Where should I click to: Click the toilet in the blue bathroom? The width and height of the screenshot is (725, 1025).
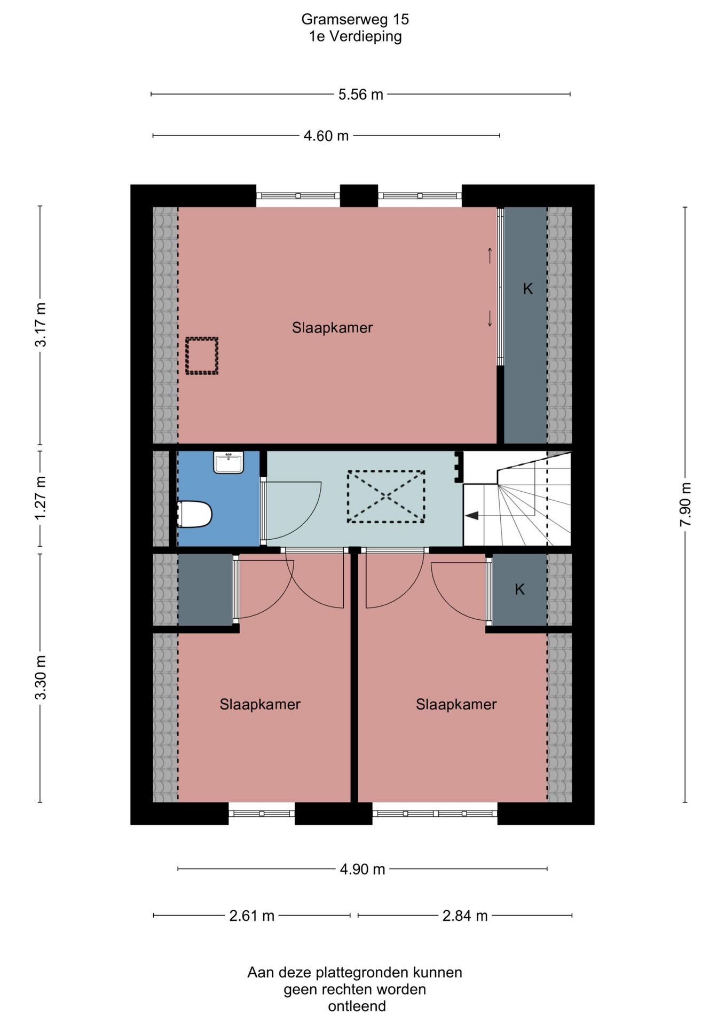pyautogui.click(x=195, y=514)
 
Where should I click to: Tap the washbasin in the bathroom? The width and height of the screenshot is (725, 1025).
pyautogui.click(x=228, y=462)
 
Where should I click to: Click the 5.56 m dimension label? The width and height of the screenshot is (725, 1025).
pyautogui.click(x=361, y=94)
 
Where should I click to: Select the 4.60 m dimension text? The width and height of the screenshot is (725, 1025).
pyautogui.click(x=326, y=136)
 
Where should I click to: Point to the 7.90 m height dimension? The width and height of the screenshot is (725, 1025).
pyautogui.click(x=685, y=504)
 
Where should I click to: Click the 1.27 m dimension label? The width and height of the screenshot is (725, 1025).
pyautogui.click(x=41, y=498)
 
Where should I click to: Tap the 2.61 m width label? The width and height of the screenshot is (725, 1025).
pyautogui.click(x=251, y=916)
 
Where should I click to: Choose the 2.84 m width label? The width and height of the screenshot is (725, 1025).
pyautogui.click(x=465, y=916)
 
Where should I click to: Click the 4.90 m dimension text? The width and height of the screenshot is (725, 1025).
pyautogui.click(x=362, y=870)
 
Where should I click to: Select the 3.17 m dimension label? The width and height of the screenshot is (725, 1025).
pyautogui.click(x=41, y=325)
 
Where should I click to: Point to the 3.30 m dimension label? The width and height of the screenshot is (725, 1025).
pyautogui.click(x=41, y=677)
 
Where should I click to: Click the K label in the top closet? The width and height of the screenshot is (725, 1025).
pyautogui.click(x=527, y=289)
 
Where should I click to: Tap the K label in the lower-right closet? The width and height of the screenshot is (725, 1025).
pyautogui.click(x=519, y=589)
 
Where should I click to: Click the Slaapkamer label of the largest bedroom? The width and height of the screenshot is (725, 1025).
pyautogui.click(x=332, y=328)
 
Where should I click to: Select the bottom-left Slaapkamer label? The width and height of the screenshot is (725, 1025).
pyautogui.click(x=260, y=705)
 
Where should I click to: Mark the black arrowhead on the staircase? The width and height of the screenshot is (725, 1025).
pyautogui.click(x=471, y=516)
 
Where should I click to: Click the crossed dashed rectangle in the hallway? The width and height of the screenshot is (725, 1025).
pyautogui.click(x=386, y=496)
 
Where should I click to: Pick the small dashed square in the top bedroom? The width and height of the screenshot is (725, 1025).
pyautogui.click(x=202, y=356)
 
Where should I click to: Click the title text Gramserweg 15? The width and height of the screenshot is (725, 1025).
pyautogui.click(x=355, y=20)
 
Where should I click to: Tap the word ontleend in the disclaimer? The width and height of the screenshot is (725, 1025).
pyautogui.click(x=357, y=1007)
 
